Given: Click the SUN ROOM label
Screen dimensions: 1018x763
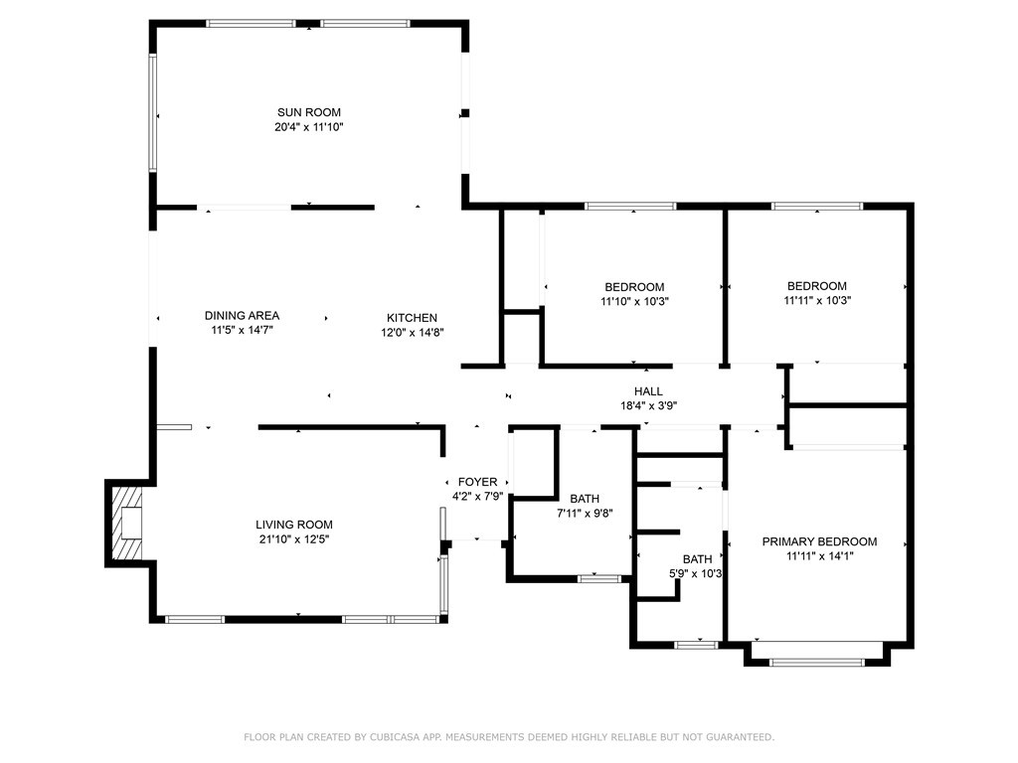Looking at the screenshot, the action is point(309,112).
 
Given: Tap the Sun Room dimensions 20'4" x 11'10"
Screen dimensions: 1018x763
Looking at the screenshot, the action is point(309,127).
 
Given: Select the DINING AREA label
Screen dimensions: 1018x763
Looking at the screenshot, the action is point(243,315).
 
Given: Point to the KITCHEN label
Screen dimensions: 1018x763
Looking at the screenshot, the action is point(413,318).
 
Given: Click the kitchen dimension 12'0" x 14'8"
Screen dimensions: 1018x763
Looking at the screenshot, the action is point(413,333).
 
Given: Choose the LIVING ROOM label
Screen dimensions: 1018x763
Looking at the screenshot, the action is point(294,525).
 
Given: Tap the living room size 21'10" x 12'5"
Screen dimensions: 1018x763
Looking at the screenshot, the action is point(294,539).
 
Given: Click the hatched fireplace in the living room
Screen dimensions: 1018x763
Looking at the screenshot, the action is point(126,523).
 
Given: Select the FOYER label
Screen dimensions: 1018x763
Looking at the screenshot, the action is point(478,482).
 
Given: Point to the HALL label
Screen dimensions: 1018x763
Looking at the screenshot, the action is point(648,391).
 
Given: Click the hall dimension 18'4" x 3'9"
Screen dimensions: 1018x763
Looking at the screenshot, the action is point(648,406).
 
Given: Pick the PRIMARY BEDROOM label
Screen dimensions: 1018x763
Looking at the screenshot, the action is point(819,541).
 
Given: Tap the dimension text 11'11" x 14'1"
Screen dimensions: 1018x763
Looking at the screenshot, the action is point(819,556).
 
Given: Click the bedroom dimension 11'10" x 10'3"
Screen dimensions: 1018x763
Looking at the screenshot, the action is point(634,301).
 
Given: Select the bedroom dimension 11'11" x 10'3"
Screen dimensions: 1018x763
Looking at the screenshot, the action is point(817,300).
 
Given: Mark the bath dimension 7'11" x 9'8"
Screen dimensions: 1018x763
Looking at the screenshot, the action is point(585,514).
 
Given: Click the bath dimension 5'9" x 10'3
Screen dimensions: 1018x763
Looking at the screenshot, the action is point(696,573).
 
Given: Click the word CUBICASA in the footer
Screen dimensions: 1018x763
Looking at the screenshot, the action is point(395,737).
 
